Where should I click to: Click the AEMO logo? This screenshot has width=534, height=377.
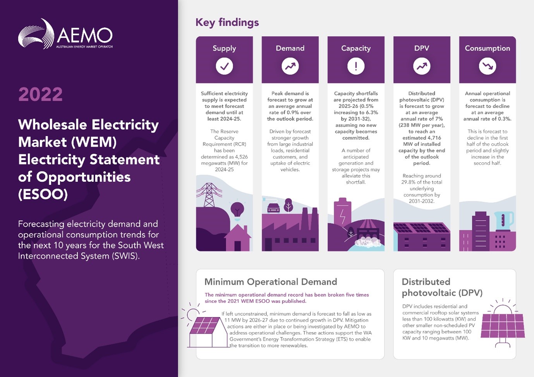coord(65,34)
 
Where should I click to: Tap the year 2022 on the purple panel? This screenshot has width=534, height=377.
coord(41,94)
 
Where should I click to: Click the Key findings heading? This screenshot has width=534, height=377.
coord(227,22)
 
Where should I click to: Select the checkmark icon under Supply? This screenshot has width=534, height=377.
coord(224,66)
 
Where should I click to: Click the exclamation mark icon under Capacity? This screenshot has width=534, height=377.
coord(356,66)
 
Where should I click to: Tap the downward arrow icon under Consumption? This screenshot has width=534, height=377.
coord(488,66)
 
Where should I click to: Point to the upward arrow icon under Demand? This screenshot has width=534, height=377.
coord(290,66)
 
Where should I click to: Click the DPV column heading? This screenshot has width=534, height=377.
coord(422,48)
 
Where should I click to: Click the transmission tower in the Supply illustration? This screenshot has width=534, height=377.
coord(209,195)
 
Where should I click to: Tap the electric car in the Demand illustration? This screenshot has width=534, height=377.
coord(273,208)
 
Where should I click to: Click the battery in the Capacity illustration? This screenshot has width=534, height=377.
coord(343,212)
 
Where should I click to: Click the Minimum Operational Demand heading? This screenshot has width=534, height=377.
coord(271,282)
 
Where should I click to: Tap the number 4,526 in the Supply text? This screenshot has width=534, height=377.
coord(241,157)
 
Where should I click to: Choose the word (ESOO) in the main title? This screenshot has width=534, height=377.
coord(43,194)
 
